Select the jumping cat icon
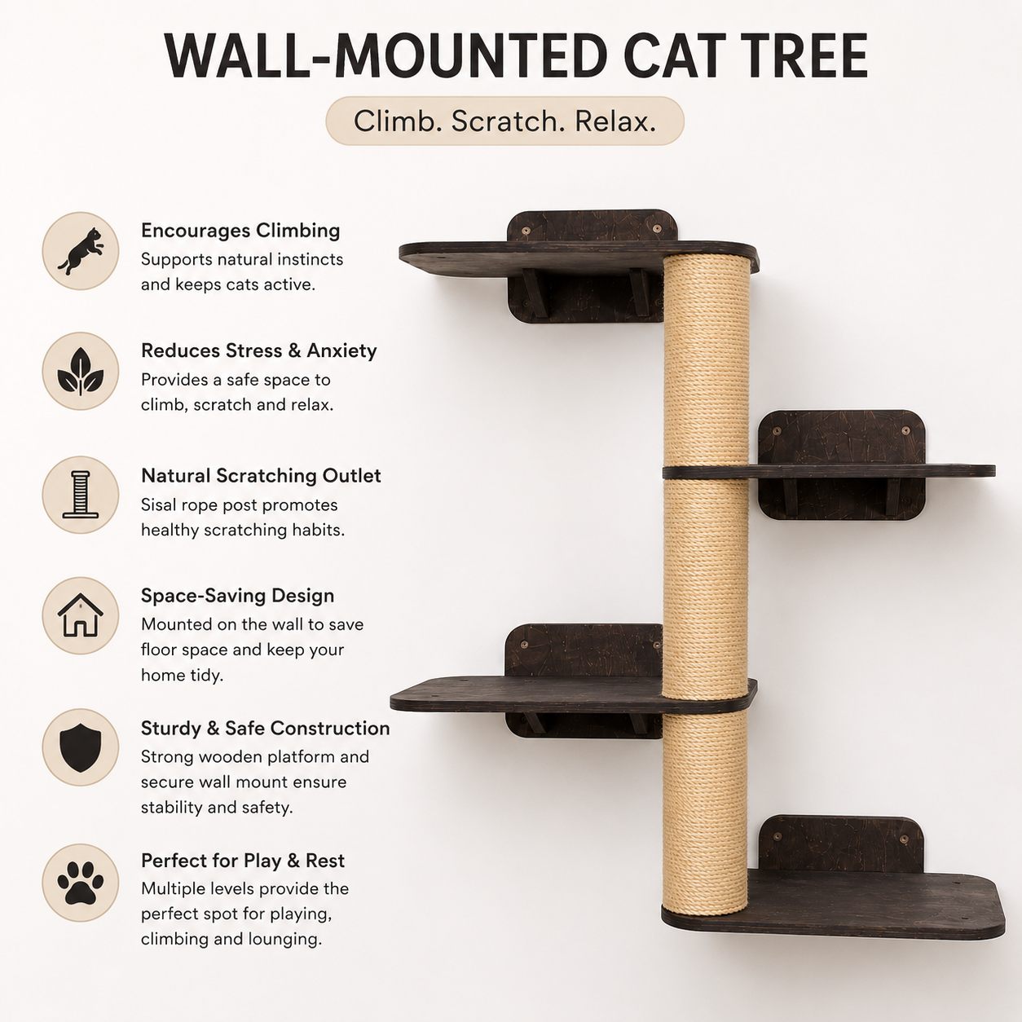pos(81,251)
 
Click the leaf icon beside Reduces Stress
pos(81,372)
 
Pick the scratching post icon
pos(81,495)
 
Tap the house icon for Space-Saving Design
pos(81,615)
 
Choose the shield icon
pos(81,747)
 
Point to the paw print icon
pos(81,883)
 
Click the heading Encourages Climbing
pos(240,231)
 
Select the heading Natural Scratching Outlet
pos(261,476)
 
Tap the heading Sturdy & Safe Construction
pos(265,728)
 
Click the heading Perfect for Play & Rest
pos(243,861)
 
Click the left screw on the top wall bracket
pos(526,231)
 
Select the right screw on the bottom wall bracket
pos(904,839)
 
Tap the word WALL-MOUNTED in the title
pos(386,56)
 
